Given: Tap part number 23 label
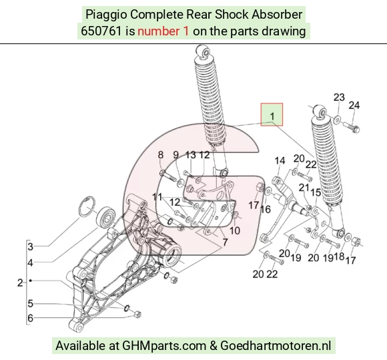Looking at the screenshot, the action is (x=339, y=97).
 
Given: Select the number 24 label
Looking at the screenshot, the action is (x=354, y=106).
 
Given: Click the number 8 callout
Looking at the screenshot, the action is (x=160, y=155).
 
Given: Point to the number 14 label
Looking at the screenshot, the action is (x=280, y=161).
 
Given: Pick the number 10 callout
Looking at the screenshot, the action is (x=235, y=230).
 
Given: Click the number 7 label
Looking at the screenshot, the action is (x=225, y=242).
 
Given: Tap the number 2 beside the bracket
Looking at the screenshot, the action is (x=20, y=283).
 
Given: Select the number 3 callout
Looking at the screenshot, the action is (x=30, y=246).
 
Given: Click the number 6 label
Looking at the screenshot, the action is (x=30, y=318).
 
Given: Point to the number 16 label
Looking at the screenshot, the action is (x=266, y=209).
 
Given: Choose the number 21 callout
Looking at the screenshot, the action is (x=304, y=188).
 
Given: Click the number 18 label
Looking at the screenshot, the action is (x=339, y=256).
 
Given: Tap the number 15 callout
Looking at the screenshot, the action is (x=316, y=192).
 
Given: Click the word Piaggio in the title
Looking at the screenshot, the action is (x=106, y=14).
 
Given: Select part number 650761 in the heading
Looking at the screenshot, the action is (x=101, y=31).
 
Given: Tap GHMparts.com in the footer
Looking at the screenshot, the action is (x=164, y=345).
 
